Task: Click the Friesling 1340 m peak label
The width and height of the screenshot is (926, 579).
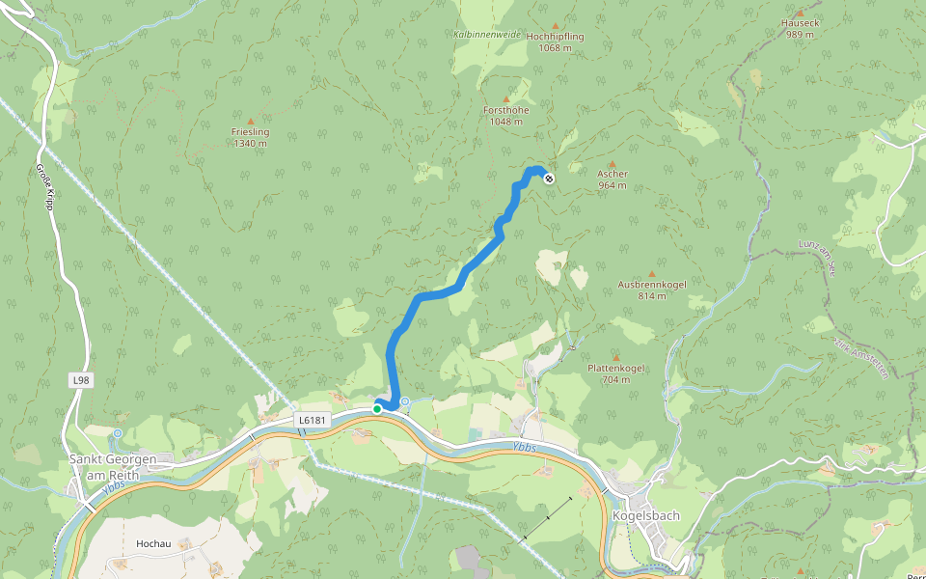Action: click(x=250, y=137)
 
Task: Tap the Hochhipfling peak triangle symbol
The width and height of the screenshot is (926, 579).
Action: click(x=555, y=26)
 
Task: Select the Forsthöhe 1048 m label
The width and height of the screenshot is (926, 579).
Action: click(x=505, y=116)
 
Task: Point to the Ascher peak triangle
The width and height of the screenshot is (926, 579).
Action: click(x=612, y=164)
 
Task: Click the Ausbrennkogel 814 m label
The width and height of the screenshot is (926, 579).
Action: click(x=651, y=289)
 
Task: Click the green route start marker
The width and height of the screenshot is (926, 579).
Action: click(x=377, y=409)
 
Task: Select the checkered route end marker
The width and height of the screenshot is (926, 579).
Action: click(x=549, y=178)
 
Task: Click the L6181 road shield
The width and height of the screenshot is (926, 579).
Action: click(x=313, y=420)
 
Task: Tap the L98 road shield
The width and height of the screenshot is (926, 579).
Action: click(x=81, y=381)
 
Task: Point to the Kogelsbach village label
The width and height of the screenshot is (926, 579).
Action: click(x=645, y=515)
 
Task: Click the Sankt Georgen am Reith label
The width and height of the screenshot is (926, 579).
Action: click(x=106, y=466)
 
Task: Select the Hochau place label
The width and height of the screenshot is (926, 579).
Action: click(x=153, y=544)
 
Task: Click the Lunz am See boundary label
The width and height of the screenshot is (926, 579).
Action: click(x=816, y=257)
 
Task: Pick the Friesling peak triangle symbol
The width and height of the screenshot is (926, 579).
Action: click(x=251, y=122)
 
